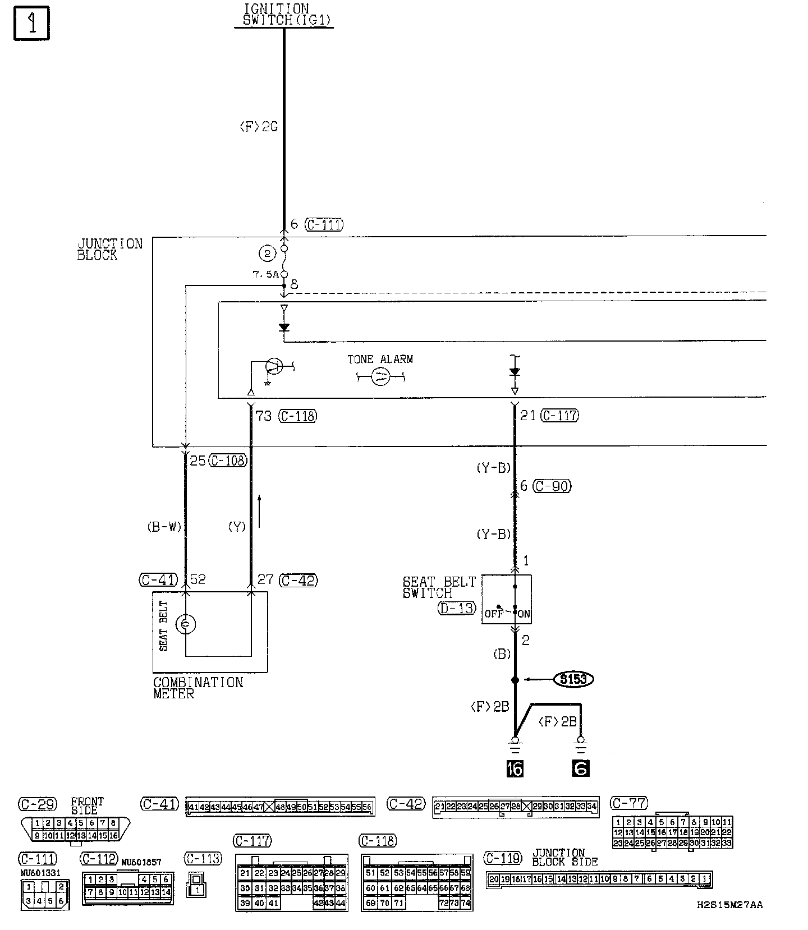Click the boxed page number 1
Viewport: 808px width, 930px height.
click(31, 24)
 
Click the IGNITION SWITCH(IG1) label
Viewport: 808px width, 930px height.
click(284, 15)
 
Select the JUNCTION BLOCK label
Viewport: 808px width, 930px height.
click(109, 249)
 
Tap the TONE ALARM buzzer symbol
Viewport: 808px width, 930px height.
click(380, 376)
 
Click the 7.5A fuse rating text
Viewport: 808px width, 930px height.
click(266, 274)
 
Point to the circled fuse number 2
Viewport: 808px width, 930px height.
click(268, 254)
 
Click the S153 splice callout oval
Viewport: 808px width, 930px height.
click(573, 679)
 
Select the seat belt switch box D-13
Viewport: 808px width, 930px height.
click(507, 599)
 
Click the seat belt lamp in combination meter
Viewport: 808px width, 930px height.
click(186, 624)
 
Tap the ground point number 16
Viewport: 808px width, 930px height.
click(515, 768)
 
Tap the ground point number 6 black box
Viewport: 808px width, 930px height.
click(581, 768)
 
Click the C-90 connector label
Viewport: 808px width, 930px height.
click(552, 486)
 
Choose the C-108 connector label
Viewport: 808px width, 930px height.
click(228, 461)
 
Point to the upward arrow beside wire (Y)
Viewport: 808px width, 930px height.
click(259, 511)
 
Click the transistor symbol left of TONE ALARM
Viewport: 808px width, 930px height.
click(274, 366)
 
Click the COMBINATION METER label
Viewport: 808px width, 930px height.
click(198, 688)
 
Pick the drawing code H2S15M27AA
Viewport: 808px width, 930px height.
click(729, 905)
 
